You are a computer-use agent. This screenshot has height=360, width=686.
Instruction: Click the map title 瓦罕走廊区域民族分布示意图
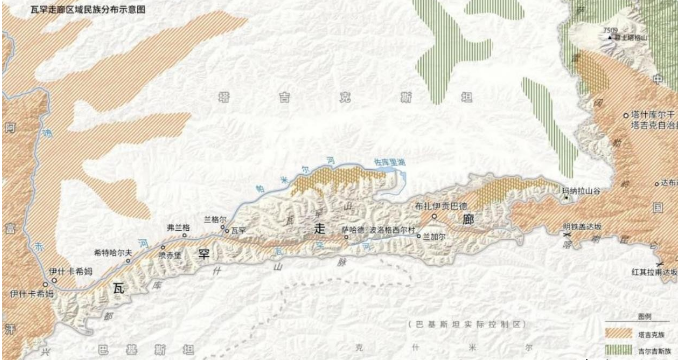(74, 8)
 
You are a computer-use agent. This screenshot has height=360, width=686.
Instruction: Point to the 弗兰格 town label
(178, 227)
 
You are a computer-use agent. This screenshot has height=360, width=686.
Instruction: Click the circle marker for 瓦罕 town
(228, 231)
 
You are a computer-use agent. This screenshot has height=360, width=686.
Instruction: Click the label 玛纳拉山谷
(580, 189)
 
